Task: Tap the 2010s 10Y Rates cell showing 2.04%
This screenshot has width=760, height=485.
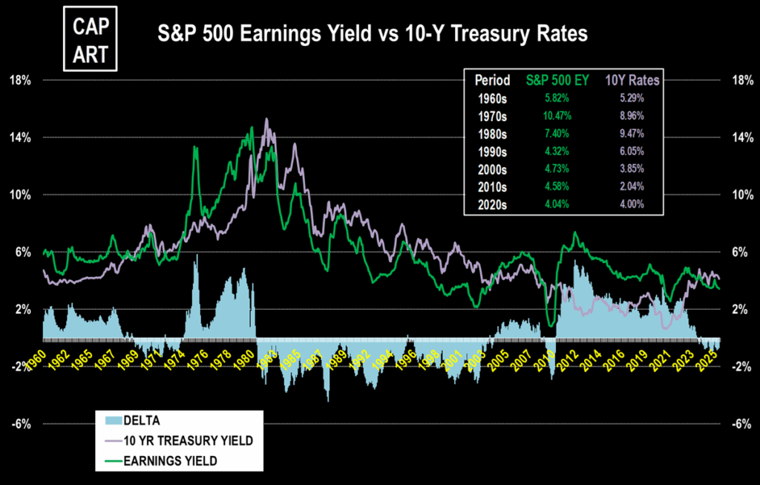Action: tap(629, 186)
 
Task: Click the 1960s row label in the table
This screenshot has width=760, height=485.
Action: tap(492, 97)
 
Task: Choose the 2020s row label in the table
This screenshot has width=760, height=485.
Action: tap(492, 204)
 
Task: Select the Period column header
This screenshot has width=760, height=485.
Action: tap(492, 79)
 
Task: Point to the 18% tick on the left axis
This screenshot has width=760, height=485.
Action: tap(19, 79)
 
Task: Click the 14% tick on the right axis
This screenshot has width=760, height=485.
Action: tap(741, 137)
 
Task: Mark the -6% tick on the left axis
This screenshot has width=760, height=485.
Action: tap(19, 424)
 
